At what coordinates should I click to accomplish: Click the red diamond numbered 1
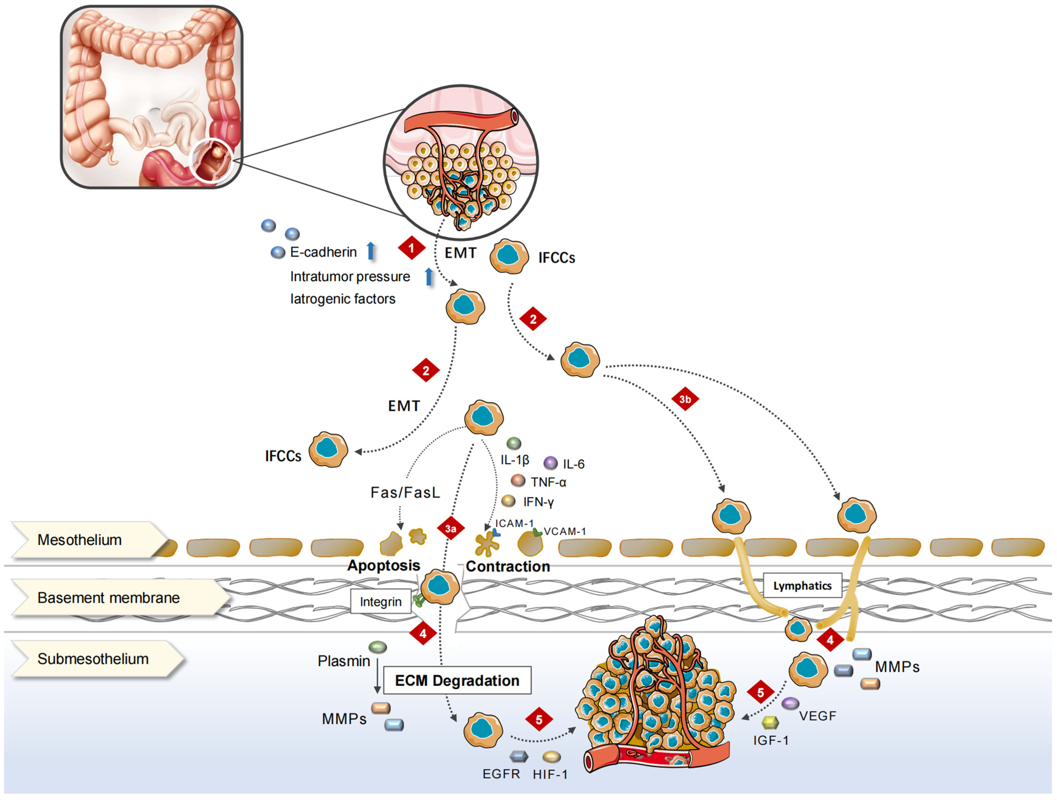(x=411, y=248)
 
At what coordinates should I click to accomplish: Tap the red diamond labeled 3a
(x=451, y=529)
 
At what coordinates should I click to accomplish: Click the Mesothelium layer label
(x=88, y=540)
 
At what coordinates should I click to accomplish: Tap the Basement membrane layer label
(x=119, y=597)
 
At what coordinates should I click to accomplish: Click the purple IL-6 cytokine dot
(x=550, y=462)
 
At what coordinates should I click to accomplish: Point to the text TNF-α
(x=549, y=482)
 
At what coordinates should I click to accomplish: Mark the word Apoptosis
(x=384, y=566)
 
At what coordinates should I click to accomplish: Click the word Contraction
(x=508, y=566)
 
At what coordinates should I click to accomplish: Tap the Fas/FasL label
(x=405, y=492)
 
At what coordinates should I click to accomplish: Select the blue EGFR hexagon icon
(x=518, y=756)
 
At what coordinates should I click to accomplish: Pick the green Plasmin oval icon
(x=378, y=647)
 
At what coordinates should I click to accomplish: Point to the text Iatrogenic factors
(x=343, y=299)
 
